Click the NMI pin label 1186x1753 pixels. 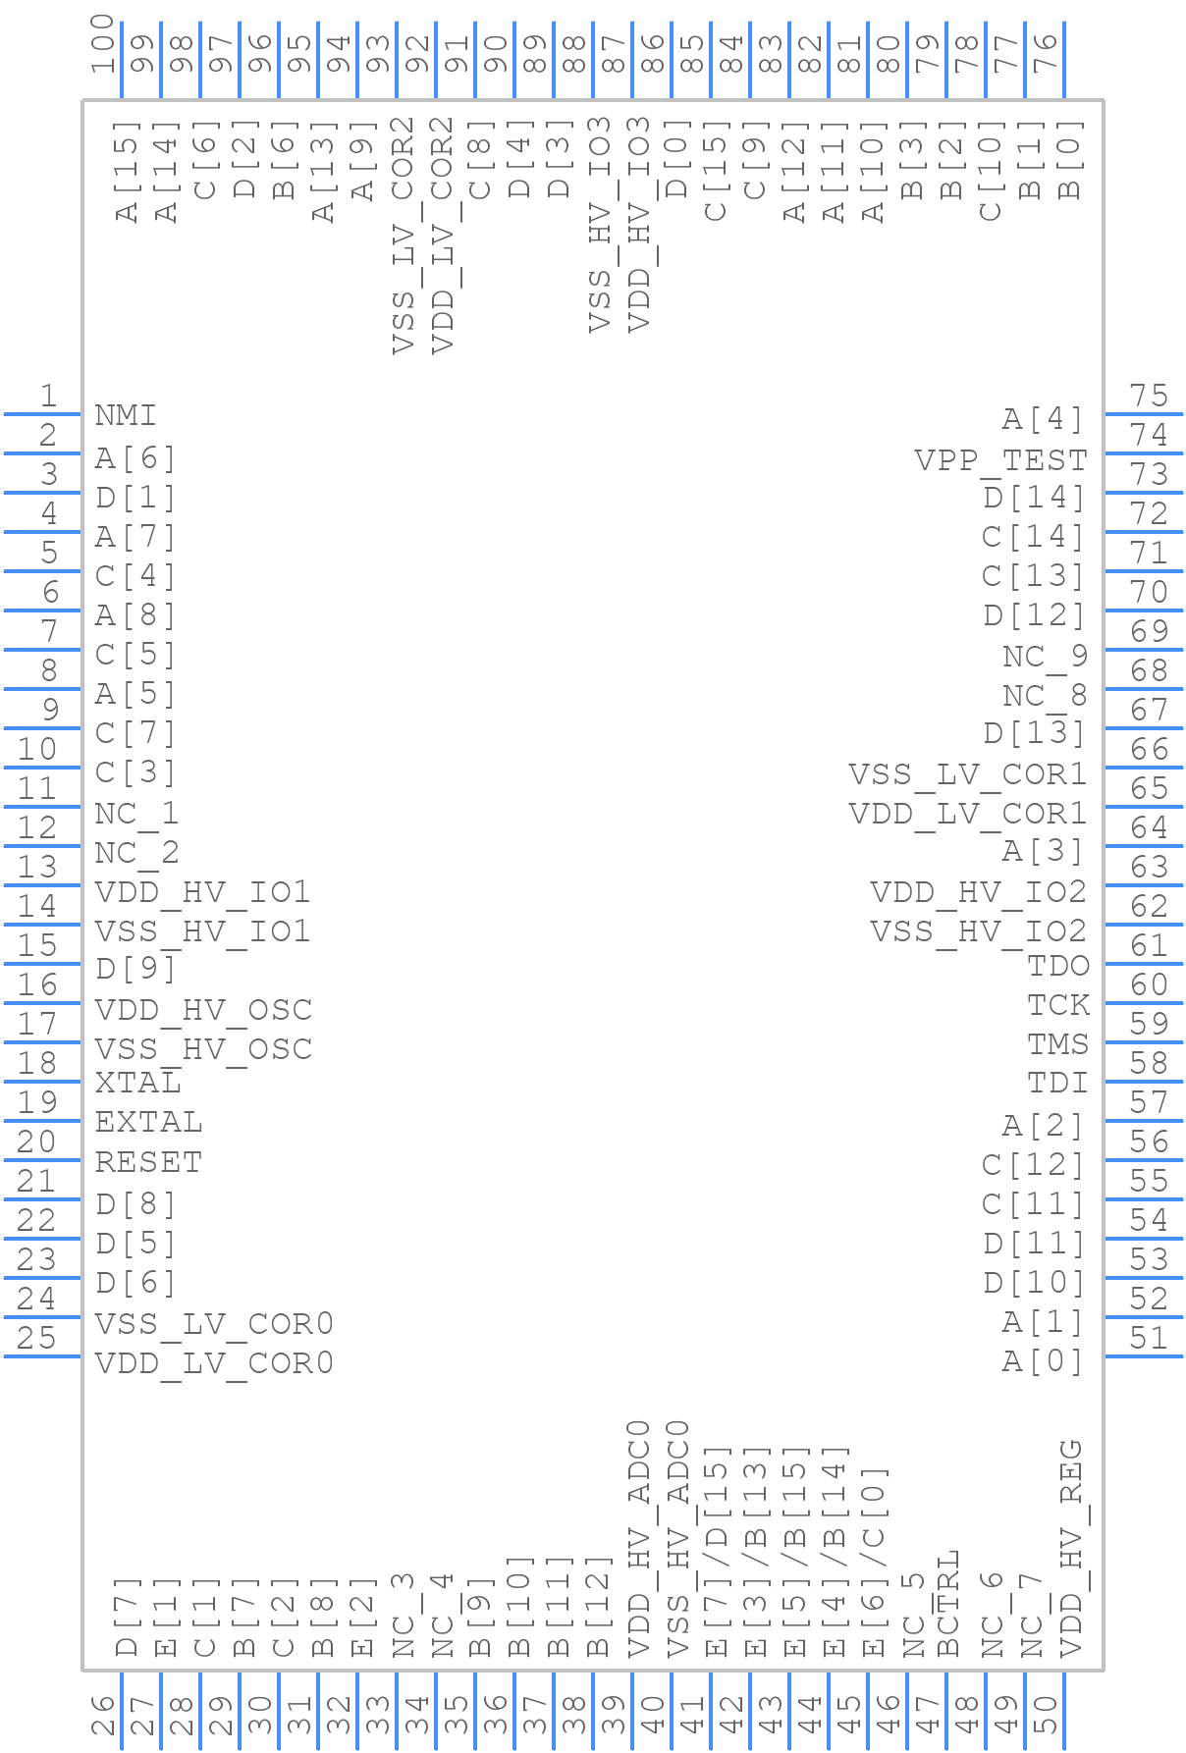125,415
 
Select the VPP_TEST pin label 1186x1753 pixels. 999,459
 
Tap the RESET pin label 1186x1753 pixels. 148,1162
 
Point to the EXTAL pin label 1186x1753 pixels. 148,1122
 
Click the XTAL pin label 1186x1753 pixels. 137,1083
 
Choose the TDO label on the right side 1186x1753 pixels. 1057,966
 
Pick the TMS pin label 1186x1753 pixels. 1057,1044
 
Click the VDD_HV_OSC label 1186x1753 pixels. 203,1010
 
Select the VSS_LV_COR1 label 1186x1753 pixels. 967,774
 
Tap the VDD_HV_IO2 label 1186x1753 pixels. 978,892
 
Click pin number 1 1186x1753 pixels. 48,396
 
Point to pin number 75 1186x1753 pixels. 1149,396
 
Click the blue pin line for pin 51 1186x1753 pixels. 1143,1355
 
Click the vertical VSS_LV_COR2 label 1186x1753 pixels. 404,236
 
